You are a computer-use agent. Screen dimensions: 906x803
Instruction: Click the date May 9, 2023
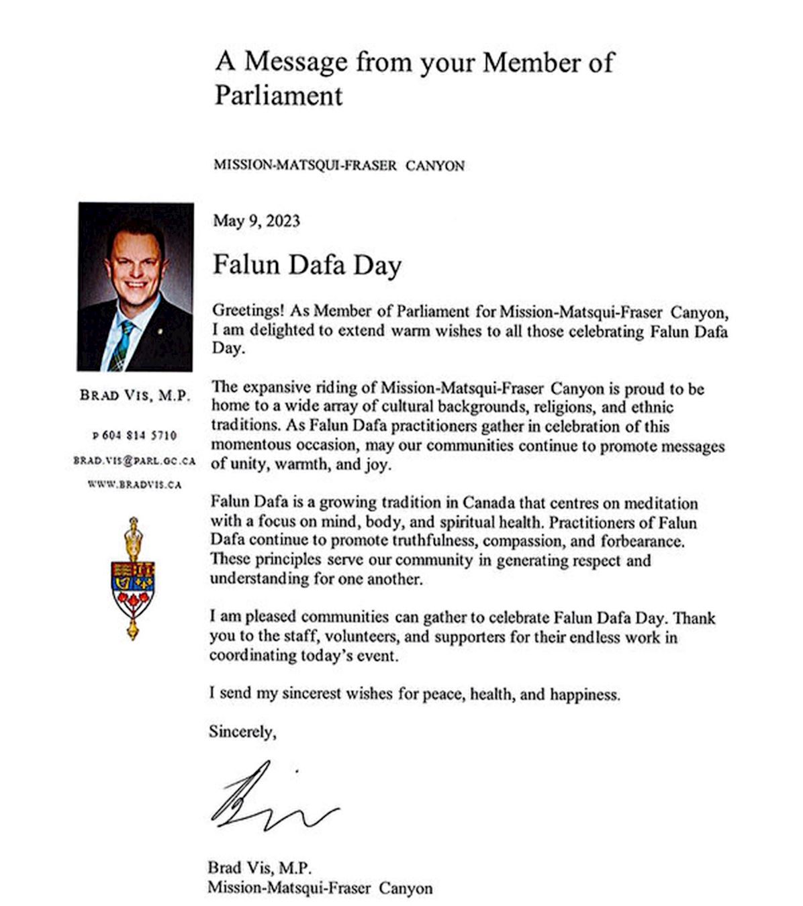pos(256,221)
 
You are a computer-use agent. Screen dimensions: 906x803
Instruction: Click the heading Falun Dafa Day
pos(307,265)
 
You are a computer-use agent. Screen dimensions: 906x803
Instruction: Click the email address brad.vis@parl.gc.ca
pos(134,461)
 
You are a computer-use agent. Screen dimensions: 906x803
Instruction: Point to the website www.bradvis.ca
pos(134,484)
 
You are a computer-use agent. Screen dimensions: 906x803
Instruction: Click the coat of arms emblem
pos(133,578)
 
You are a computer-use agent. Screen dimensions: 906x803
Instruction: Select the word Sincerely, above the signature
pos(242,732)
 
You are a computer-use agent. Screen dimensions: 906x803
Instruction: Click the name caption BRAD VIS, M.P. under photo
pos(135,395)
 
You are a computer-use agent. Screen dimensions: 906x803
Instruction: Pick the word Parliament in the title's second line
pos(279,95)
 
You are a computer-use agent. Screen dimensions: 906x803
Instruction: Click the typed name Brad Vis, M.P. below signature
pos(260,868)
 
